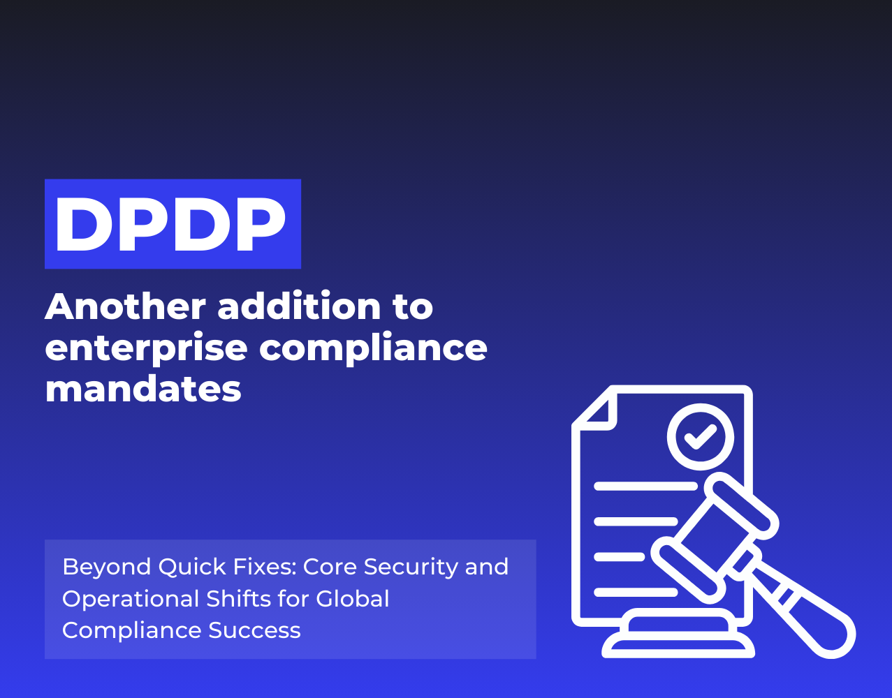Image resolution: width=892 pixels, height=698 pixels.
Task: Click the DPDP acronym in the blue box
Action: pos(172,224)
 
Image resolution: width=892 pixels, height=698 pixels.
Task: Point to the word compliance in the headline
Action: pos(373,348)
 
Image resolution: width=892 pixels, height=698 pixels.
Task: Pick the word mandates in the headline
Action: pos(143,389)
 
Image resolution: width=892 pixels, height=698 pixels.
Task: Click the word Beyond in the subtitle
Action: pos(105,567)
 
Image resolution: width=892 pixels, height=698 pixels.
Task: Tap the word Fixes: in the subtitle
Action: pos(261,567)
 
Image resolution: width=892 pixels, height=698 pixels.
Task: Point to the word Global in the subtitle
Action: pos(352,599)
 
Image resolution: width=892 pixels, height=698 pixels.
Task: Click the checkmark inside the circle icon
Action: pos(701,437)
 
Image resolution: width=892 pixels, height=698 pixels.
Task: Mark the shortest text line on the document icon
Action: pos(619,557)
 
